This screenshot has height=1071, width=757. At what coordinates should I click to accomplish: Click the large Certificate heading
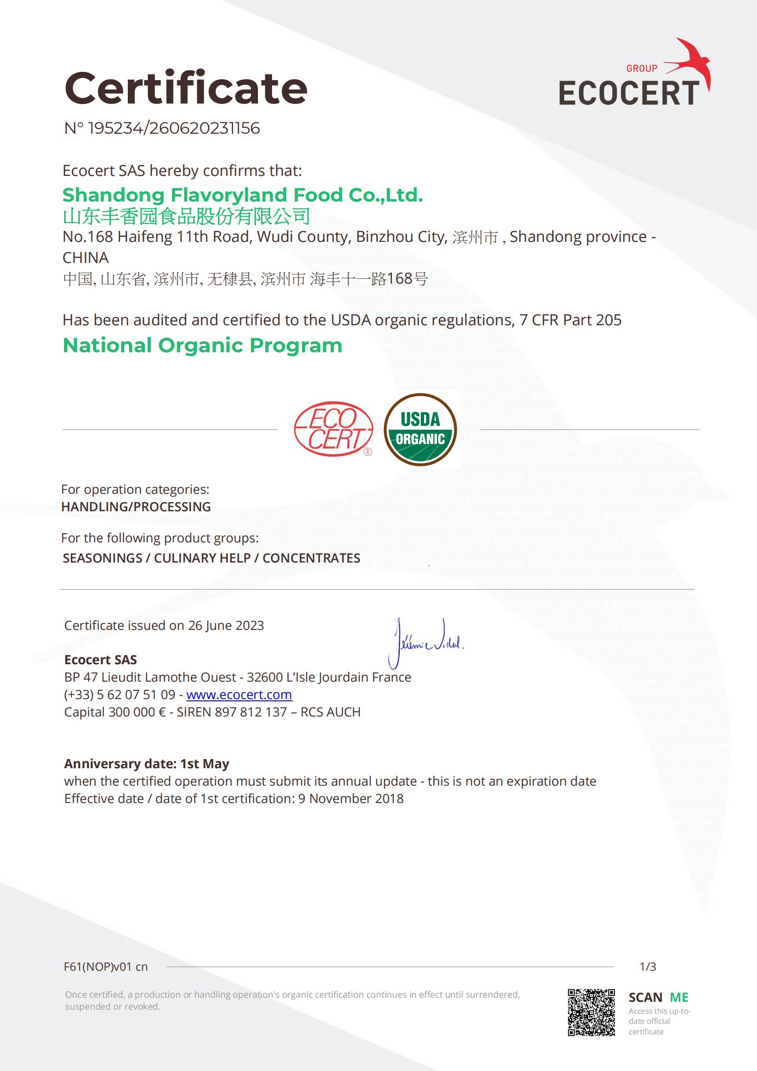click(185, 88)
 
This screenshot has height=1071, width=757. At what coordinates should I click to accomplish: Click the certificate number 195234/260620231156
click(174, 128)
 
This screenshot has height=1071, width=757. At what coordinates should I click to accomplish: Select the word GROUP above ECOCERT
click(641, 69)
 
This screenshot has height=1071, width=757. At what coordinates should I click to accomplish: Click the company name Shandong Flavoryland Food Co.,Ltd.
click(243, 195)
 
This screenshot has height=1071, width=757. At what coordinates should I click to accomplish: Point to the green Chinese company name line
click(186, 216)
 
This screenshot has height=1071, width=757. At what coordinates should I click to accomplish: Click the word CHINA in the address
click(85, 257)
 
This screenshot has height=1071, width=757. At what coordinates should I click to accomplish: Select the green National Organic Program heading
click(202, 346)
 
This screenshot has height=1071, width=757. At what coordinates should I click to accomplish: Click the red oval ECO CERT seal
click(333, 429)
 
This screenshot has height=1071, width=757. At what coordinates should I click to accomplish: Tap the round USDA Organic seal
click(420, 430)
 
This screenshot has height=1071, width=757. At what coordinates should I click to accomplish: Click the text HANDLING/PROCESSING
click(136, 507)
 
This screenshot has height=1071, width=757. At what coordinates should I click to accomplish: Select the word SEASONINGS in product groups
click(102, 558)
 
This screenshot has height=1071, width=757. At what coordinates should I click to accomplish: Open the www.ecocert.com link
click(239, 694)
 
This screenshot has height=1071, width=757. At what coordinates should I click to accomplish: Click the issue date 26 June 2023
click(226, 625)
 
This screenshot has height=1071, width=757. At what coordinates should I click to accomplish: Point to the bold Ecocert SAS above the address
click(100, 660)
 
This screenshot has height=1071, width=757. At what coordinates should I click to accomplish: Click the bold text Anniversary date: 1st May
click(147, 764)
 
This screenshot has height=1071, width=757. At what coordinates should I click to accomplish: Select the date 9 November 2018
click(351, 798)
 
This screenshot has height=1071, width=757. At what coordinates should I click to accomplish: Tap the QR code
click(591, 1012)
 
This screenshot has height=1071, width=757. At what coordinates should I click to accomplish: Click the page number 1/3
click(648, 967)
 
